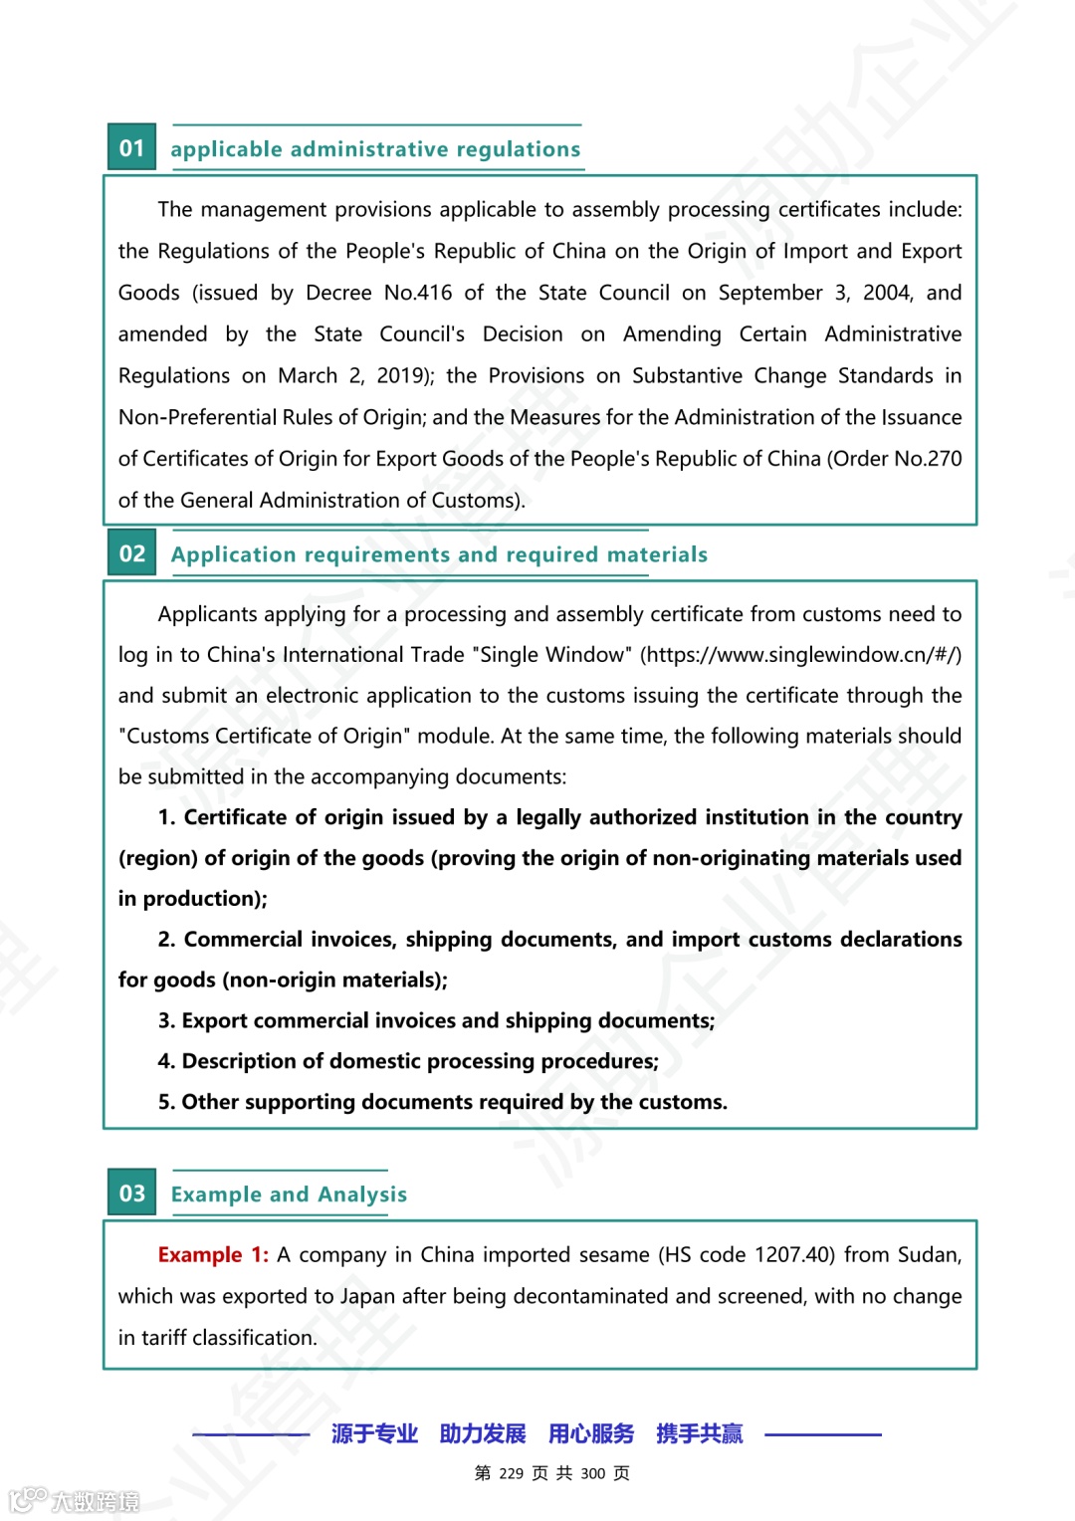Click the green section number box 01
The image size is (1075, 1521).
[x=131, y=147]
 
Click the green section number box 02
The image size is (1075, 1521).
[x=131, y=552]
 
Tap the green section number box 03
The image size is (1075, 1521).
[x=131, y=1193]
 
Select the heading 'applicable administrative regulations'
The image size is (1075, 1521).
[x=375, y=149]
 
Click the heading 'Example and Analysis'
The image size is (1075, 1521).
[x=289, y=1194]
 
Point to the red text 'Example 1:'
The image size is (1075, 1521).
[x=213, y=1254]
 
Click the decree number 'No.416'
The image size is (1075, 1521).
[x=418, y=293]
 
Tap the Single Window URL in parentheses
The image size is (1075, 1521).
[x=800, y=655]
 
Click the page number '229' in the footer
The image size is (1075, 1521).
[x=512, y=1473]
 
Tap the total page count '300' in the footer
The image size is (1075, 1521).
[x=592, y=1473]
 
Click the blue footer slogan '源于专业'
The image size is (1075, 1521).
[x=374, y=1433]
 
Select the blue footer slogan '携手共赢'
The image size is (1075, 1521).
[x=699, y=1433]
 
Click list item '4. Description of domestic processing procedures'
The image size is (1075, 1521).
[x=408, y=1061]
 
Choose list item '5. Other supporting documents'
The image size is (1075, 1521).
[x=442, y=1102]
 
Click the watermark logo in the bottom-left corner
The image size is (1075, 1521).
[x=74, y=1499]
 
